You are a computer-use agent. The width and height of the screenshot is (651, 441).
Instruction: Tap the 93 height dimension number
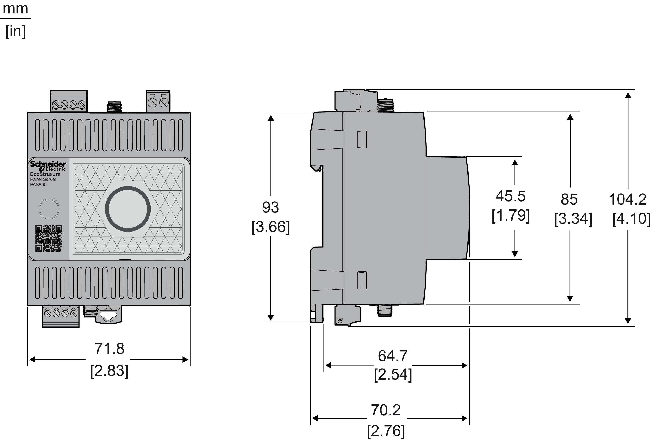pos(270,207)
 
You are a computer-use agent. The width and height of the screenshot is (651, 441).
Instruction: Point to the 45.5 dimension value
pos(510,196)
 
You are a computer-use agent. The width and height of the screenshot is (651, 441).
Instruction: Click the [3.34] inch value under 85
pos(573,219)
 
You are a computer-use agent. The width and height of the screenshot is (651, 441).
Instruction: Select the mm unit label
pos(15,8)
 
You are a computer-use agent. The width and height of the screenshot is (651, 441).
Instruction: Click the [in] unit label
pos(15,31)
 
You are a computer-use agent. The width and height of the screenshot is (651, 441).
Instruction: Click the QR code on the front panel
pos(49,238)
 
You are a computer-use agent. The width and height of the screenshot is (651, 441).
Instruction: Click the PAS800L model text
pos(39,185)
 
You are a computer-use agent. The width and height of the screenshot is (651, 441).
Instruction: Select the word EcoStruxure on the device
pos(45,174)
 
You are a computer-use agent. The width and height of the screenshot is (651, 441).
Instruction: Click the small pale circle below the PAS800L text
pos(49,209)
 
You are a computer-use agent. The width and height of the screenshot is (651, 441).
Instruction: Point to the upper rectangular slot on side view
pos(362,139)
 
